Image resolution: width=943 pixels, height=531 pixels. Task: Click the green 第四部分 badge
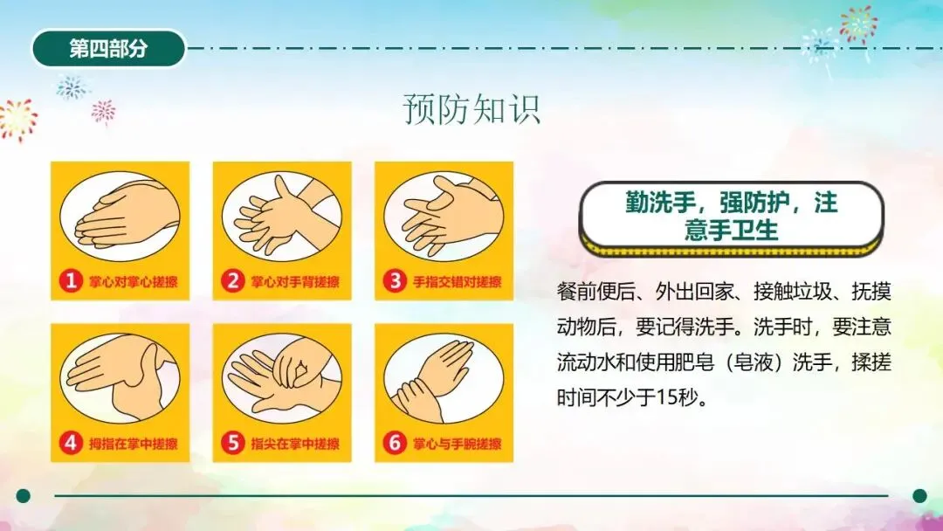[108, 49]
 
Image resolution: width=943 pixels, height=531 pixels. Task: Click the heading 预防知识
[471, 109]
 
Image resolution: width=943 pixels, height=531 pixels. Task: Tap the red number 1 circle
[71, 281]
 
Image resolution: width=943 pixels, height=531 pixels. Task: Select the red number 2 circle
[232, 281]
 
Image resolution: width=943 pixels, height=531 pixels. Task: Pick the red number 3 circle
[395, 281]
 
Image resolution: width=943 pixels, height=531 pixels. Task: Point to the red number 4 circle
[71, 443]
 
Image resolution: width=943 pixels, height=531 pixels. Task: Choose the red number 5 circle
[232, 443]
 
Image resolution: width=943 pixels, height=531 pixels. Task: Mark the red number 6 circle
[395, 443]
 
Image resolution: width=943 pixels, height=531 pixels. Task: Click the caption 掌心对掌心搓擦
[134, 281]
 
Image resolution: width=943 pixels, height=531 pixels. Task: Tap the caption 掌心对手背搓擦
[295, 281]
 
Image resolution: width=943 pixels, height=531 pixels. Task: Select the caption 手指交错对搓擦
[457, 281]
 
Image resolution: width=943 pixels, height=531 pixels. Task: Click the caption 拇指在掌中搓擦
[134, 444]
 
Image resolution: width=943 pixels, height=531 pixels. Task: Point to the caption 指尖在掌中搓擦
[295, 444]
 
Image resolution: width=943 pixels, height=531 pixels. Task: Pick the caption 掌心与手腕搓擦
[457, 444]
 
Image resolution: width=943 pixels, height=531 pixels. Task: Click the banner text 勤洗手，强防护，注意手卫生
[732, 216]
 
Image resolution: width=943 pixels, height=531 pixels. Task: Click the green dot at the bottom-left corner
[24, 495]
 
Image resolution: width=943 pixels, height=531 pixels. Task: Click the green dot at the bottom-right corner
[919, 495]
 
